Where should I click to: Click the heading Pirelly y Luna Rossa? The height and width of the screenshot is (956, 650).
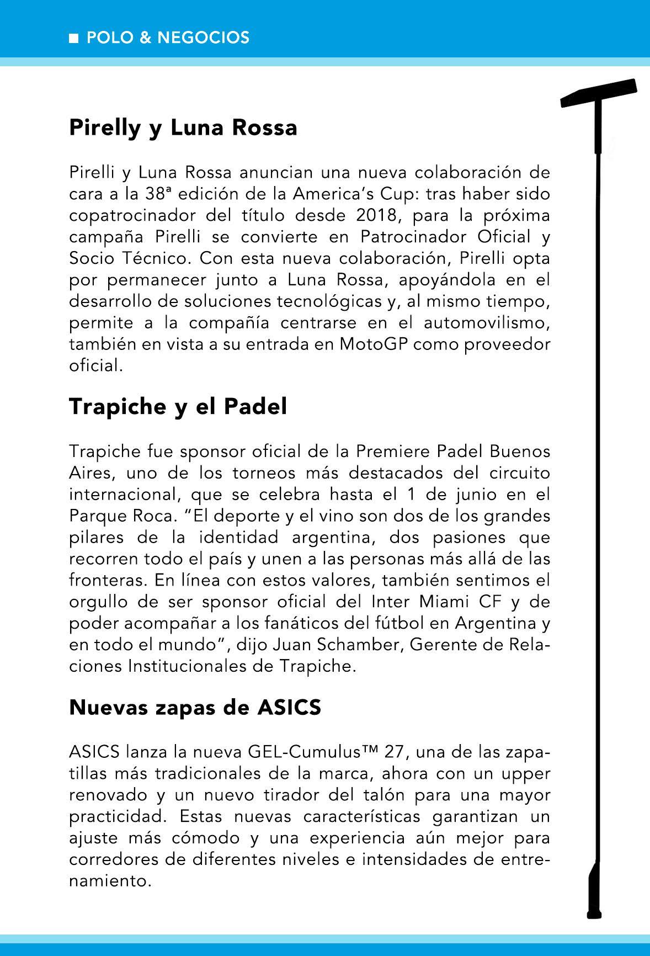pos(183,128)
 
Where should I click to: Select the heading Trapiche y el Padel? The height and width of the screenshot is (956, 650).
pos(178,407)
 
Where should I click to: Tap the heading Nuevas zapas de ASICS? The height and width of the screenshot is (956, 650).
pos(195,707)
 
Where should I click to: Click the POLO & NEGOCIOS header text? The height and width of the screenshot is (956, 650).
pos(168,38)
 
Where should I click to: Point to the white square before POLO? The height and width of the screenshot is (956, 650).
pos(73,38)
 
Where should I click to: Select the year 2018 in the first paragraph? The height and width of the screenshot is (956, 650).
pos(380,215)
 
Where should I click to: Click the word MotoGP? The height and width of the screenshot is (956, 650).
pos(374,344)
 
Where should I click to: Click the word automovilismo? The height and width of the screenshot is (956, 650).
pos(487,322)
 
